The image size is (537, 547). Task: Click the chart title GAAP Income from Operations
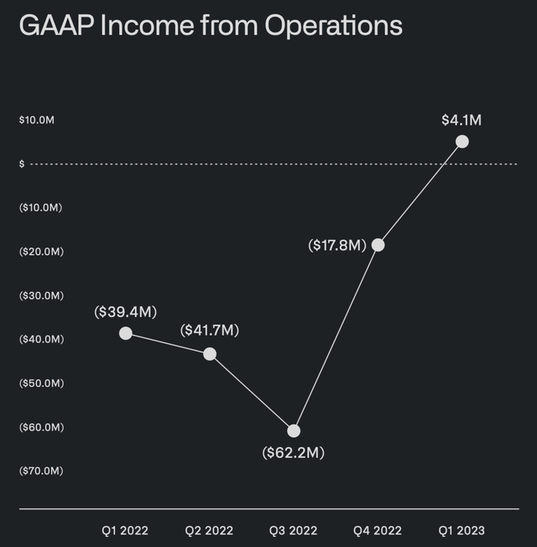211,26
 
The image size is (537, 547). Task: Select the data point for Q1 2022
126,333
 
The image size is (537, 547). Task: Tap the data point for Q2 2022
210,354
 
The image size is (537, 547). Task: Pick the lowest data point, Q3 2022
294,431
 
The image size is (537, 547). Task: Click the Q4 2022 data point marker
378,245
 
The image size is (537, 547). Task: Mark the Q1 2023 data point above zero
461,142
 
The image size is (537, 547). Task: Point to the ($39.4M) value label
126,312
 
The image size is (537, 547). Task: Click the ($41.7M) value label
210,331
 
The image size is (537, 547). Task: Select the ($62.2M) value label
294,453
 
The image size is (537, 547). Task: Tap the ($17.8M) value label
336,245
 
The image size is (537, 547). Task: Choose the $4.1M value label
461,120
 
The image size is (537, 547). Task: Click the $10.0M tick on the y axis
37,120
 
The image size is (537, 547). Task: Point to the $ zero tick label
22,164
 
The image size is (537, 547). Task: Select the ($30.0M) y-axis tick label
41,295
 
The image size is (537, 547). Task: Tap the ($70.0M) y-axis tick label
41,471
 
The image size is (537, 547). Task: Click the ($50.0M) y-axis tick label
41,383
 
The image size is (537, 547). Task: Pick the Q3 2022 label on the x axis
294,531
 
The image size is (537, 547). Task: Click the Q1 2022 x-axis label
126,531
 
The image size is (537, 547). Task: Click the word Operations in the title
334,26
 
